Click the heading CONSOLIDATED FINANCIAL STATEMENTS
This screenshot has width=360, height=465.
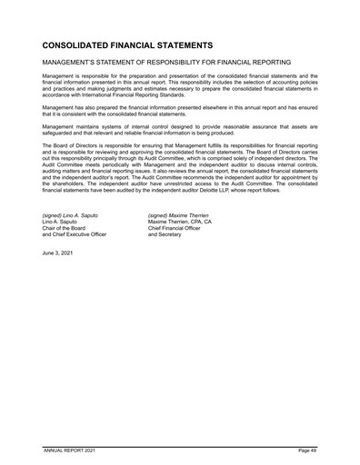pyautogui.click(x=127, y=45)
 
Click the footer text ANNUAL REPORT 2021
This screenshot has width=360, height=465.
pyautogui.click(x=74, y=450)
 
